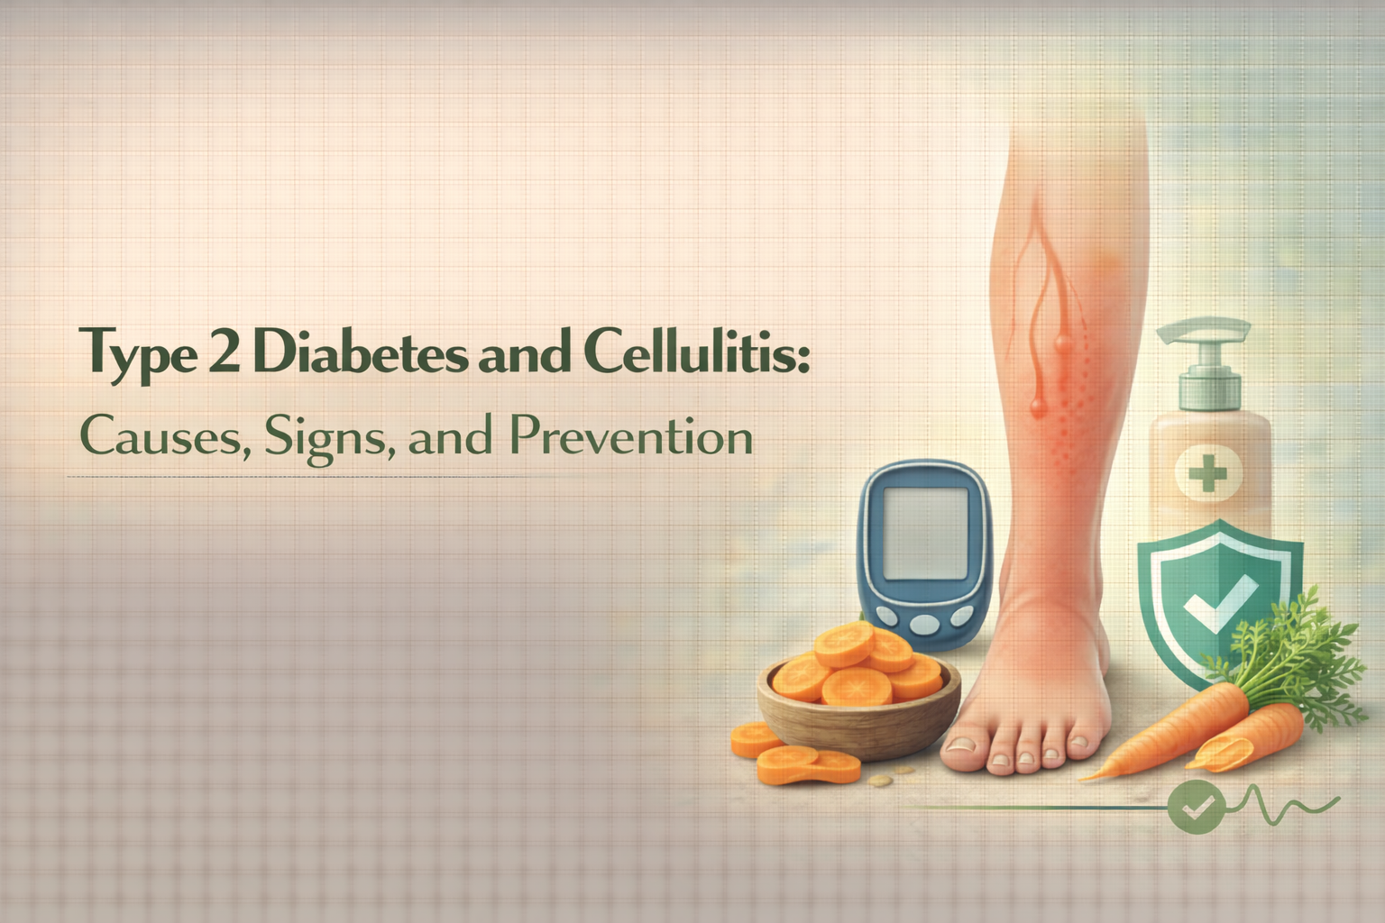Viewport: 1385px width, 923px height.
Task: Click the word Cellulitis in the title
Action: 695,352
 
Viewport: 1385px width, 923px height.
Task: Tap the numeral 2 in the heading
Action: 222,352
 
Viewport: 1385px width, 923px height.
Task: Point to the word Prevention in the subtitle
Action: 630,437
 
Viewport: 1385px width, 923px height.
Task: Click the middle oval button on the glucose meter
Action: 924,623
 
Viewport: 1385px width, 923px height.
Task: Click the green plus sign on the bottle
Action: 1208,472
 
